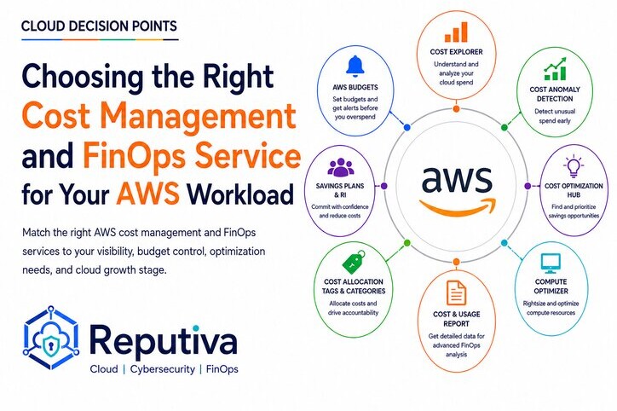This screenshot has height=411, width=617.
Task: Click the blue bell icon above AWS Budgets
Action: (x=355, y=66)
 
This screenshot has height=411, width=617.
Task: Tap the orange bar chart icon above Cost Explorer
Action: (x=456, y=32)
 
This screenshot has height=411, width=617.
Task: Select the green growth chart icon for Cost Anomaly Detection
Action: (x=556, y=69)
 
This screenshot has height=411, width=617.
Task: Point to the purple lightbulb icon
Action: (x=574, y=166)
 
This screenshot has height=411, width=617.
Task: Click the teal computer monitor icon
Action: (x=551, y=263)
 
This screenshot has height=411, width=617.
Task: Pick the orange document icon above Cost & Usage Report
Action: (x=457, y=292)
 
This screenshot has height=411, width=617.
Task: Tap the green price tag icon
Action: (x=354, y=262)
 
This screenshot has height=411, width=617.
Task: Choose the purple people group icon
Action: (x=340, y=167)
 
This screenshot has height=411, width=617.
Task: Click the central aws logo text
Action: (x=457, y=178)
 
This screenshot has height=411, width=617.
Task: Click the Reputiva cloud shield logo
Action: (x=51, y=338)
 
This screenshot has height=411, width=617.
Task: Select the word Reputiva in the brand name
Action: (x=164, y=339)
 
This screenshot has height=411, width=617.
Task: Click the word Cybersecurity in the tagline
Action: (x=163, y=369)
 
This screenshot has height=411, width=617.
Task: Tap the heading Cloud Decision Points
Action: (x=99, y=26)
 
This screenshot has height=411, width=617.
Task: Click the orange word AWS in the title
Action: (x=148, y=194)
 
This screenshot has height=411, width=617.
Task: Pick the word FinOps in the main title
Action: (x=134, y=155)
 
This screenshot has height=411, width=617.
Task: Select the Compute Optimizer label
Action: (x=551, y=287)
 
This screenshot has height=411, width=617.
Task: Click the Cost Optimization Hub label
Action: (x=574, y=190)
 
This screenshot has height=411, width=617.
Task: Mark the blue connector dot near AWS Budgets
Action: (x=407, y=127)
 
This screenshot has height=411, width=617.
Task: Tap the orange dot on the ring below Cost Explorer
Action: (x=456, y=108)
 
